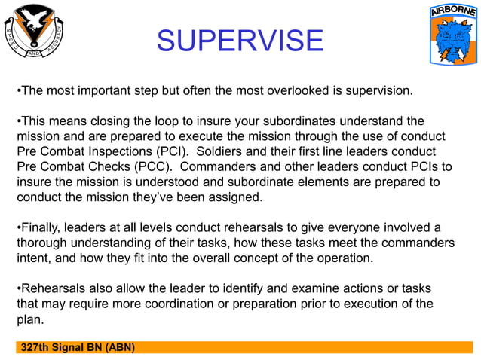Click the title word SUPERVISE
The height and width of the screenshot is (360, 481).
pyautogui.click(x=240, y=41)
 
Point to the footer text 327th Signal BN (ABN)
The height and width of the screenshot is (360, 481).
pyautogui.click(x=78, y=347)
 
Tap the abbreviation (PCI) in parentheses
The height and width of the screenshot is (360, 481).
pyautogui.click(x=166, y=151)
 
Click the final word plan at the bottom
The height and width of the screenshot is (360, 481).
pyautogui.click(x=29, y=319)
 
